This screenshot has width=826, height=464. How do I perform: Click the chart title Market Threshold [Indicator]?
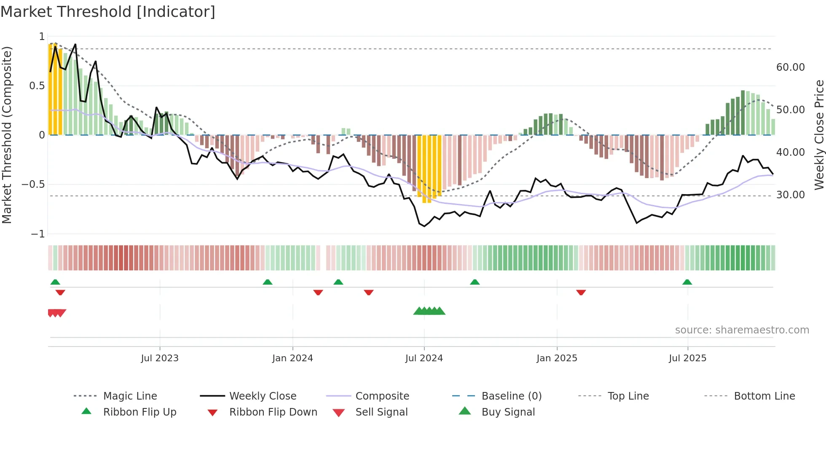pos(108,12)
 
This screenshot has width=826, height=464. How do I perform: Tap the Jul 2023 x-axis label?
pos(160,358)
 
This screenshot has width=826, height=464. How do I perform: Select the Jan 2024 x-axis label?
pos(292,358)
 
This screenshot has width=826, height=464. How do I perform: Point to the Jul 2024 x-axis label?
pos(424,358)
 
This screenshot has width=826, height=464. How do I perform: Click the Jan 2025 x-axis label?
pos(557,358)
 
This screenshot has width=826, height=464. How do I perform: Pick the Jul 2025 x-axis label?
pos(687,358)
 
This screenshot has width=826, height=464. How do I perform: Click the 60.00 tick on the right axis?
pos(790,67)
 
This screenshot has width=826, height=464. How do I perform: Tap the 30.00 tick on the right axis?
pos(790,195)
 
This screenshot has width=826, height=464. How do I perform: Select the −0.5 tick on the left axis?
pos(33,184)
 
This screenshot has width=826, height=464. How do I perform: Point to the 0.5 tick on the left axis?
pos(37,86)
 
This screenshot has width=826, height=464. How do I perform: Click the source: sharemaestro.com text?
pos(742,330)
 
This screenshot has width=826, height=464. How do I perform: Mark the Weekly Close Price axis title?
pos(819,135)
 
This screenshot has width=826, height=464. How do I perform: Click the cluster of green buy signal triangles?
pos(429,311)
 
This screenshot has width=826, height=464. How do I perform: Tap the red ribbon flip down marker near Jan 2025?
pos(581,292)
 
